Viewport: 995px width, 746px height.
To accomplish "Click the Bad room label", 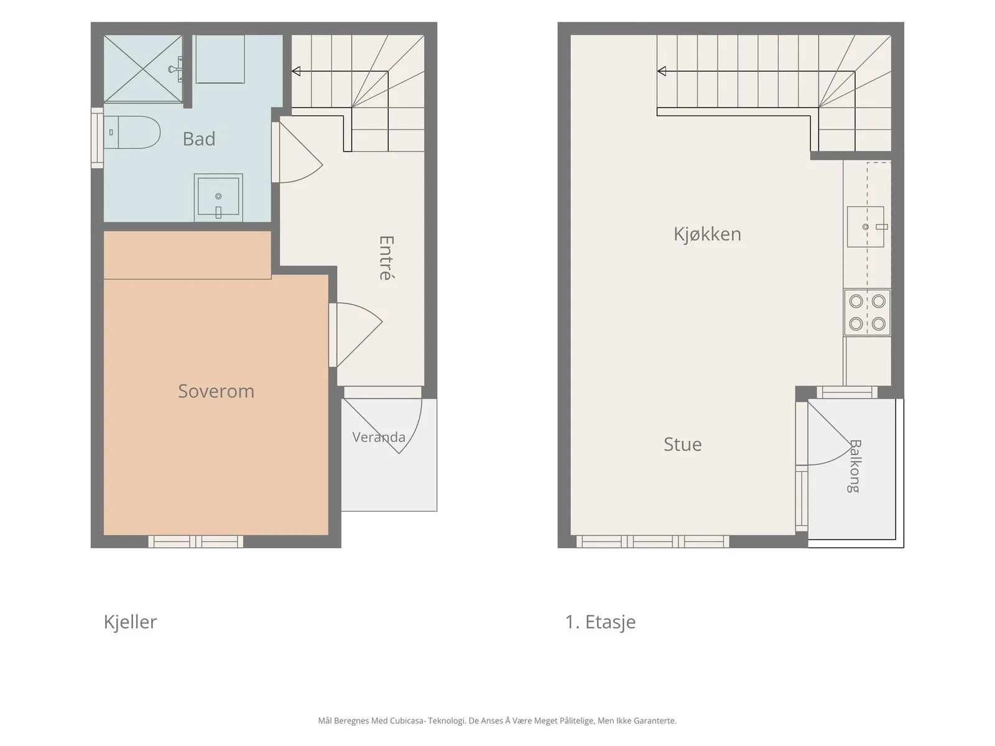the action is (x=199, y=139).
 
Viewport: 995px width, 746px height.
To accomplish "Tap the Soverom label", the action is (x=216, y=391).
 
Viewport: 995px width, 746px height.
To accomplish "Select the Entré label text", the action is (x=387, y=258).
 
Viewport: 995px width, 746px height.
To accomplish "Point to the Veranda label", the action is (x=379, y=437).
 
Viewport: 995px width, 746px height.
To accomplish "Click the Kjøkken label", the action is (x=707, y=234).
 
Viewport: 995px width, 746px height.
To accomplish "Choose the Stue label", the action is (x=683, y=444).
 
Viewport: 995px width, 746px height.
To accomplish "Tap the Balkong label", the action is (x=854, y=466).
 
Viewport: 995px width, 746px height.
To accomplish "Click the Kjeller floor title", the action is (x=130, y=622).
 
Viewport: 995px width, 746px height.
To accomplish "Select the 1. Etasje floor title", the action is (x=600, y=622).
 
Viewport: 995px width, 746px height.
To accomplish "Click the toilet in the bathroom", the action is (x=132, y=132).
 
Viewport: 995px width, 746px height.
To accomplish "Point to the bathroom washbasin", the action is (x=218, y=198).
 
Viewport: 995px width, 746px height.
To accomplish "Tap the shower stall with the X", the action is (x=143, y=69).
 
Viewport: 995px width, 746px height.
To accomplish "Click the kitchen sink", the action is (x=866, y=227).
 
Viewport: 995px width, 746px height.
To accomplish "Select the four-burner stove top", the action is (x=867, y=313).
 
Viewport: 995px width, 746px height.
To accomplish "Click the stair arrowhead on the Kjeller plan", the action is (x=296, y=71).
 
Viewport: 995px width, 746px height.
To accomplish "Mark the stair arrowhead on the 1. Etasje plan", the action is (x=662, y=71).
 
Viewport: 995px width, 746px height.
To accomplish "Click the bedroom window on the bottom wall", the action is (x=196, y=541).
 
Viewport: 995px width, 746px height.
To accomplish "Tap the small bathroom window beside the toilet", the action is (x=97, y=137).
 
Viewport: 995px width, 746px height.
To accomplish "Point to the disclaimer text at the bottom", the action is (x=497, y=721).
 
